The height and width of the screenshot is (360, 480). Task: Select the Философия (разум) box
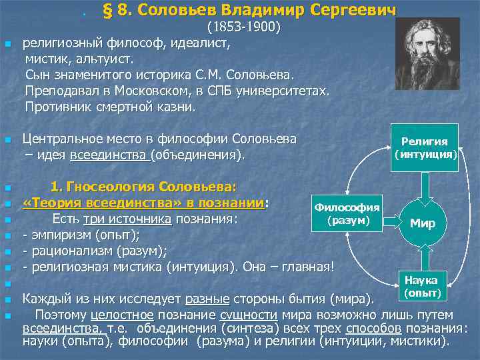[347, 213]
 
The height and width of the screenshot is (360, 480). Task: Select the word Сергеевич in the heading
[361, 11]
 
